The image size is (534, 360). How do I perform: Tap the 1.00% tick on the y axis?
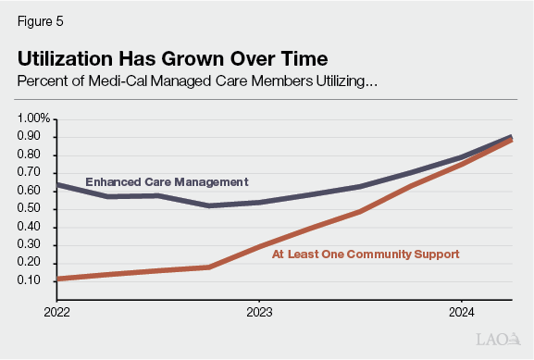[x=34, y=118]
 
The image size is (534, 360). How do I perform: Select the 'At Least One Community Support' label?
[x=365, y=253]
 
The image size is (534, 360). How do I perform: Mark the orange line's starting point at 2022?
[x=57, y=279]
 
